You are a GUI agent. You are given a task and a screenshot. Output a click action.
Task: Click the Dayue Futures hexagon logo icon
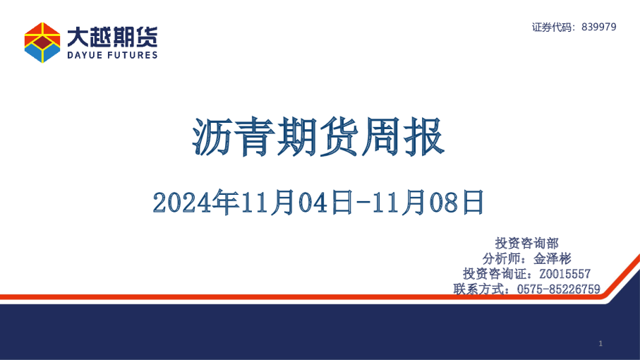click(x=42, y=42)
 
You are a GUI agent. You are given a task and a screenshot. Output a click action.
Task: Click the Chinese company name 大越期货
click(x=112, y=36)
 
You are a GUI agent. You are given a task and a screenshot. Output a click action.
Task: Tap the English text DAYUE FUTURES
click(x=112, y=55)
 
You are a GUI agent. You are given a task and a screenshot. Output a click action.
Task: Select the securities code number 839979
click(x=598, y=27)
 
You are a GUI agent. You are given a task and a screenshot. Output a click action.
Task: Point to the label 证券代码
click(x=553, y=27)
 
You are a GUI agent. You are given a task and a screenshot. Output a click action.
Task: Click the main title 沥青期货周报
click(x=319, y=138)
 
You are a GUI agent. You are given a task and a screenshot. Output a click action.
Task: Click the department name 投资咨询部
click(x=527, y=242)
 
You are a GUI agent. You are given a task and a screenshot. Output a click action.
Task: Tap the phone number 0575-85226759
click(x=559, y=289)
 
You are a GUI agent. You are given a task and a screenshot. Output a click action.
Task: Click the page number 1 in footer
click(x=600, y=344)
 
